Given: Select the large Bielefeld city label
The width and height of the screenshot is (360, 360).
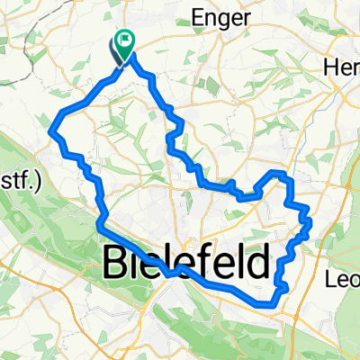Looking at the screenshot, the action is (x=187, y=264).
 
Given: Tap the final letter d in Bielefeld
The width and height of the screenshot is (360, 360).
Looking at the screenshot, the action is (x=255, y=264).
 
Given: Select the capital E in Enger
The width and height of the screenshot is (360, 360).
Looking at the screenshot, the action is (x=197, y=16).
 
